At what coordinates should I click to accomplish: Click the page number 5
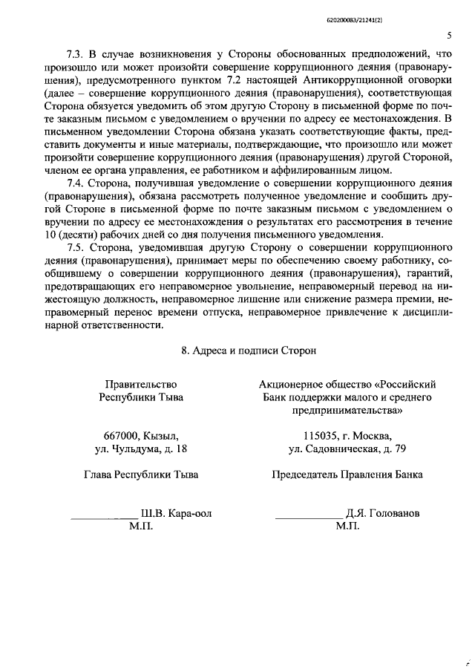tap(450, 35)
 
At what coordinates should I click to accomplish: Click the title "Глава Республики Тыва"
tap(141, 474)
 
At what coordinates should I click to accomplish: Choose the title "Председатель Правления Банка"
tap(347, 474)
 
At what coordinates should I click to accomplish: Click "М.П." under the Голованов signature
tap(347, 526)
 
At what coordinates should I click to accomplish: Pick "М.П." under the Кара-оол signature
tap(140, 526)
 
